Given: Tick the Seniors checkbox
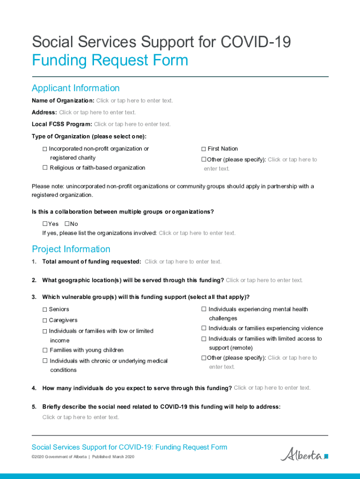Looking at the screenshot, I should pyautogui.click(x=45, y=310).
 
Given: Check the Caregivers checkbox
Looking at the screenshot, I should pyautogui.click(x=45, y=320).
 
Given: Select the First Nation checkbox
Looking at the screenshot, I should pyautogui.click(x=204, y=149).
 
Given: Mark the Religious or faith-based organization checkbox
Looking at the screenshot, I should pyautogui.click(x=45, y=168).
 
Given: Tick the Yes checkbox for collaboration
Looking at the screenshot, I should pyautogui.click(x=45, y=224).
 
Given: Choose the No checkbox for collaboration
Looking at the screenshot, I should pyautogui.click(x=67, y=224).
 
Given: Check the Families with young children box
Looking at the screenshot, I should pyautogui.click(x=45, y=350).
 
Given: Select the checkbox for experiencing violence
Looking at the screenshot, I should pyautogui.click(x=204, y=328).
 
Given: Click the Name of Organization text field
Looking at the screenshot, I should pyautogui.click(x=134, y=101).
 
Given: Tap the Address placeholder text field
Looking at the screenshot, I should pyautogui.click(x=97, y=112).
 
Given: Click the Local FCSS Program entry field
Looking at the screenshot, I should pyautogui.click(x=132, y=124).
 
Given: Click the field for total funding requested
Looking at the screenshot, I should pyautogui.click(x=183, y=261).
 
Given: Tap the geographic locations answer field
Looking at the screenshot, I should pyautogui.click(x=264, y=280).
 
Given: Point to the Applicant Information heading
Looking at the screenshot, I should pyautogui.click(x=76, y=88).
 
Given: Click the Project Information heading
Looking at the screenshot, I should pyautogui.click(x=71, y=249).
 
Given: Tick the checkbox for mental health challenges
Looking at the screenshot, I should pyautogui.click(x=204, y=309).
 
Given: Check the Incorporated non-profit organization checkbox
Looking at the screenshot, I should pyautogui.click(x=45, y=149).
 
